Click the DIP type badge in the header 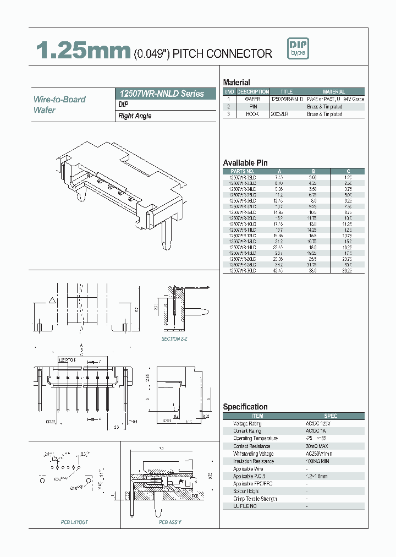click(297, 48)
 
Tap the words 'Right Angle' click(135, 116)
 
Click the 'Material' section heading click(237, 82)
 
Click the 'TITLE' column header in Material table click(287, 92)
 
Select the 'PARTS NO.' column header click(243, 171)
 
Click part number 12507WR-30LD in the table click(243, 270)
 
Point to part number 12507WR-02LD click(243, 178)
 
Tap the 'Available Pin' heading click(245, 162)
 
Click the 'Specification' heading click(245, 407)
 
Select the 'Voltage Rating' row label click(247, 423)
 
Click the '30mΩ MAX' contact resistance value click(317, 446)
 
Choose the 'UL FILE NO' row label click(245, 506)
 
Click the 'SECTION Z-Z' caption click(174, 339)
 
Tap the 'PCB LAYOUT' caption click(74, 522)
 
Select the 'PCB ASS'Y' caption click(170, 522)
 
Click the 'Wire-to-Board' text click(60, 99)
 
